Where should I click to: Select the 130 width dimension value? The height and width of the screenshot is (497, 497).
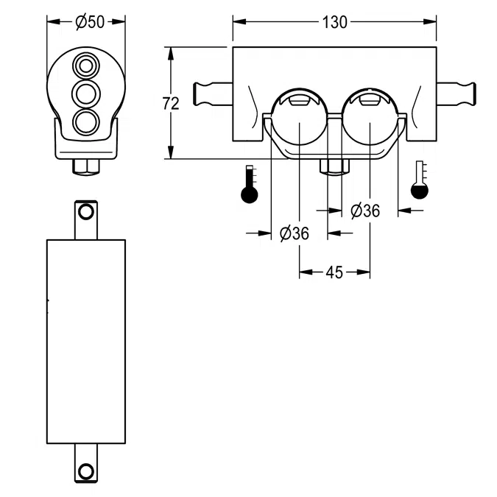pos(334,22)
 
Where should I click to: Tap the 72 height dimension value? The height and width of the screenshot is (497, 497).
pos(170,104)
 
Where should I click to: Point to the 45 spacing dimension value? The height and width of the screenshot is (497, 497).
pos(334,272)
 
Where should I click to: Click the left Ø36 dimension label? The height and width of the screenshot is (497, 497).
pos(294,233)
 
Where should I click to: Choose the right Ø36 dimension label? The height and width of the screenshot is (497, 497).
pos(364,211)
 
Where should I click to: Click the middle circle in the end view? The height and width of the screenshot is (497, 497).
pos(86,94)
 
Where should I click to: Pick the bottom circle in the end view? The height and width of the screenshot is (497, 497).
pos(86,121)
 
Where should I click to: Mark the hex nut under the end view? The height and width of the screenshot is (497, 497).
pos(86,166)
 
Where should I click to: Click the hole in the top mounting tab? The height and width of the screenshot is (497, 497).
pos(86,214)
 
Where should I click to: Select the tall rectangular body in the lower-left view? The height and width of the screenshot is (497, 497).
pos(86,342)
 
